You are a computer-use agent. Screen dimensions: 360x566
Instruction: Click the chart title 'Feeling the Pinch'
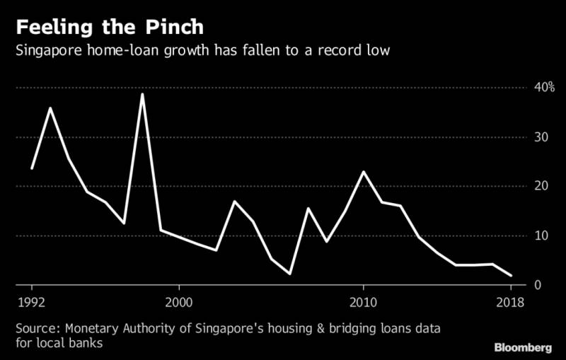(110, 28)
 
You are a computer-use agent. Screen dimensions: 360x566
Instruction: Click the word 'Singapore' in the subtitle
(49, 52)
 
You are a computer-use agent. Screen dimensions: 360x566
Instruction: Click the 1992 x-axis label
(32, 302)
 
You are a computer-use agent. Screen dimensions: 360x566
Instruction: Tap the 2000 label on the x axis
(179, 302)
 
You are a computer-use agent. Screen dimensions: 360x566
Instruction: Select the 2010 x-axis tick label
(363, 302)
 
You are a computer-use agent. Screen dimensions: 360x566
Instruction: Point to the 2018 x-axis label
(510, 302)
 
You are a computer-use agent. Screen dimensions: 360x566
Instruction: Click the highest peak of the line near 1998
(142, 94)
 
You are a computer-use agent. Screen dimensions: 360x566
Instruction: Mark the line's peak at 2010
(363, 172)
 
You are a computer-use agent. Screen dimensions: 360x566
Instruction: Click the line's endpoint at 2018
(510, 275)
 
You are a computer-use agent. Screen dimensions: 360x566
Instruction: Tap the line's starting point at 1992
(32, 168)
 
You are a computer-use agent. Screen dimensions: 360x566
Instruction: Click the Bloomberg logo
(523, 347)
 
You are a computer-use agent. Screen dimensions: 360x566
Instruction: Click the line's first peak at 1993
(50, 108)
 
